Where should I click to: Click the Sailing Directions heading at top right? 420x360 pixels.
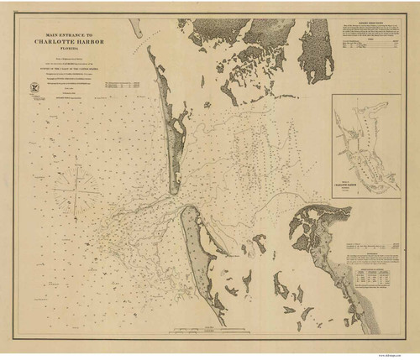click(x=370, y=23)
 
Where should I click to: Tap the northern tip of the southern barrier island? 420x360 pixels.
click(x=186, y=210)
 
